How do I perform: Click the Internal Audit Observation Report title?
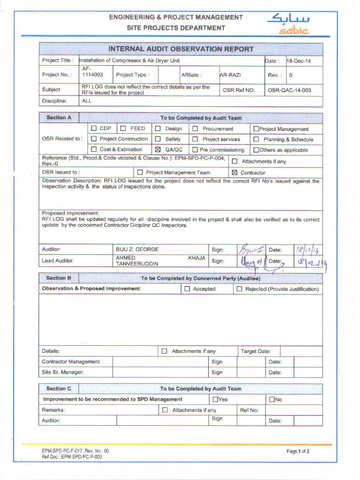coord(181,49)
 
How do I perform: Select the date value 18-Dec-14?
coord(299,61)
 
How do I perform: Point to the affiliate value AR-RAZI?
coord(230,75)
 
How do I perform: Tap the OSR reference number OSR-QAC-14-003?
coord(289,90)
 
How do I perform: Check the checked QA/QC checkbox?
coord(158,150)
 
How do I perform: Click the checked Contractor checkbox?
coord(234,172)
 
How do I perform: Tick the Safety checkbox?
coord(158,139)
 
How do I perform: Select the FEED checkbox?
coord(123,128)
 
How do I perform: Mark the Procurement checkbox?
coord(195,128)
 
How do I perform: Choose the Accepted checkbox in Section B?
coord(187,289)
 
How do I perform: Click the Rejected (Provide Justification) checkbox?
coord(239,289)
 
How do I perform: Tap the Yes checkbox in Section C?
coord(215,399)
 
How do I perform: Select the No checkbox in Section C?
coord(271,399)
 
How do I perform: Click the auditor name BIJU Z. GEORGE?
coord(137,249)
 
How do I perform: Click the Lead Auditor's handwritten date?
coord(309,262)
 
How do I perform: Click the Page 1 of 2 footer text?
coord(298,451)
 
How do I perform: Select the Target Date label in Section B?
coord(255,351)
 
